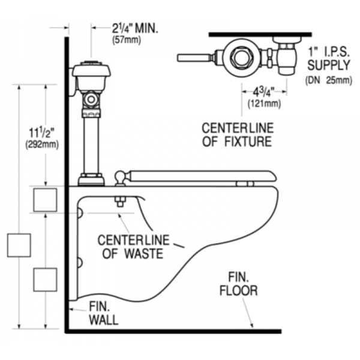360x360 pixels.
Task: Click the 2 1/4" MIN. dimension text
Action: [136, 28]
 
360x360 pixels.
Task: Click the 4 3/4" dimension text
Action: [263, 92]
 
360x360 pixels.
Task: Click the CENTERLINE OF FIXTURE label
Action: [236, 135]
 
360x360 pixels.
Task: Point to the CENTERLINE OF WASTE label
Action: [132, 247]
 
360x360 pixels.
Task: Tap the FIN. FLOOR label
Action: [242, 285]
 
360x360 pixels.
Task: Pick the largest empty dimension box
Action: [18, 245]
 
